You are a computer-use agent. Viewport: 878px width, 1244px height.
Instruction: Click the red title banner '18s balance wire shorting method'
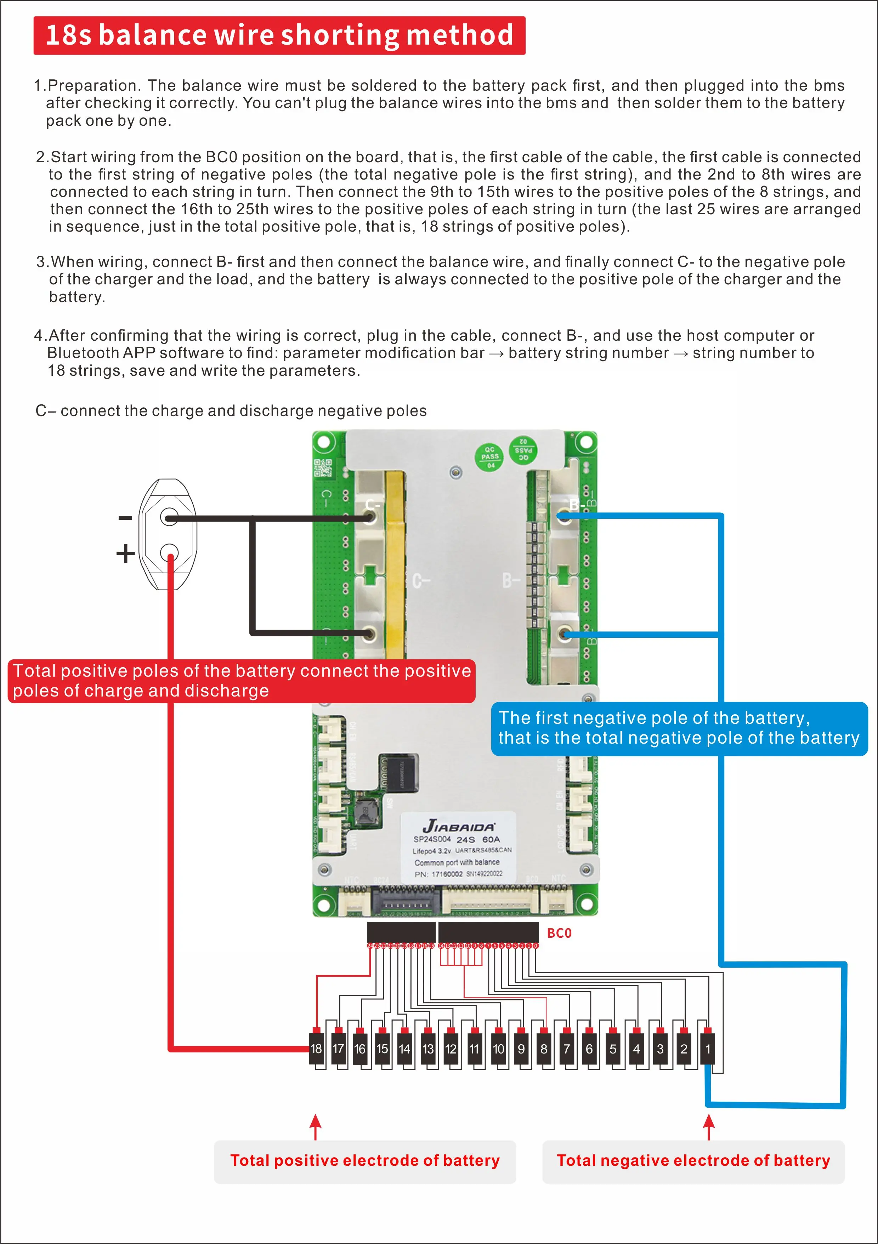click(279, 35)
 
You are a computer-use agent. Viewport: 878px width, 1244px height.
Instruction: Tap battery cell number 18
click(316, 1049)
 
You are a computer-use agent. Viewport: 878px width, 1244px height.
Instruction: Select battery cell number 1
click(707, 1049)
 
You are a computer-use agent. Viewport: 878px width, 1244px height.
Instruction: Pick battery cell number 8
click(544, 1049)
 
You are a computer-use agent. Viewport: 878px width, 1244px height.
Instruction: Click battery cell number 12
click(451, 1049)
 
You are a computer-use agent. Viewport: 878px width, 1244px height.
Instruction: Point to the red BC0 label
click(559, 933)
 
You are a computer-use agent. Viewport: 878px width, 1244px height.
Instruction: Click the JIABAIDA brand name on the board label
click(459, 826)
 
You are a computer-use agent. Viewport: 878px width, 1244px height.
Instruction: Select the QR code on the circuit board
click(323, 467)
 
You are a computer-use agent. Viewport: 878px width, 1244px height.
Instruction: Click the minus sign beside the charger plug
click(125, 518)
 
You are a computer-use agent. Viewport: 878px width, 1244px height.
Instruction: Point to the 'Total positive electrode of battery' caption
click(365, 1160)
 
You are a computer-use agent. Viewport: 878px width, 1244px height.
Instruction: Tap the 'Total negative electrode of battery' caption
click(693, 1160)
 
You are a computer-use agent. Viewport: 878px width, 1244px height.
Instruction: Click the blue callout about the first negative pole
click(679, 728)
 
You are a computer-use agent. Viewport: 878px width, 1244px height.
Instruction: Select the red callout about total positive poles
click(242, 681)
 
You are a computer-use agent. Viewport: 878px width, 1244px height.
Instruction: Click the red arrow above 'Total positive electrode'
click(316, 1127)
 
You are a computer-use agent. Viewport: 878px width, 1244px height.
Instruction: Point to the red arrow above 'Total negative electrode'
click(708, 1127)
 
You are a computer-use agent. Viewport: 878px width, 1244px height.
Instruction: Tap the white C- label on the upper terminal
click(372, 505)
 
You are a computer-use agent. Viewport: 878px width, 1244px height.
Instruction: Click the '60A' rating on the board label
click(491, 839)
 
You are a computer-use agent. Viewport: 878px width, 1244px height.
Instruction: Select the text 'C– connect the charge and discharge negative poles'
click(231, 411)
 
